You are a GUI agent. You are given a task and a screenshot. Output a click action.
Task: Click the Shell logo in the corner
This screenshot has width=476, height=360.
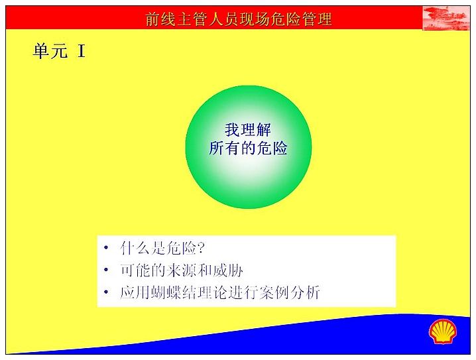click(x=443, y=331)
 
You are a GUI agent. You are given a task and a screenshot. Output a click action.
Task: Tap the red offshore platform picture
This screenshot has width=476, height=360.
click(x=446, y=18)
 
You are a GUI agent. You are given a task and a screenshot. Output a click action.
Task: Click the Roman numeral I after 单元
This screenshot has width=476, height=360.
click(x=81, y=50)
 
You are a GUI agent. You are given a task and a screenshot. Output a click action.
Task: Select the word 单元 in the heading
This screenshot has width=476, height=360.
click(x=50, y=50)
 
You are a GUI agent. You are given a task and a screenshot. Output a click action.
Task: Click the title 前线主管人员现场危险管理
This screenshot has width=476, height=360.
click(x=239, y=19)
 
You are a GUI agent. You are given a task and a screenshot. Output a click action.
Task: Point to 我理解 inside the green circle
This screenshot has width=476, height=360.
click(x=248, y=130)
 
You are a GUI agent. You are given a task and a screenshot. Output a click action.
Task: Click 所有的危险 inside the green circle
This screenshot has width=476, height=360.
click(x=249, y=149)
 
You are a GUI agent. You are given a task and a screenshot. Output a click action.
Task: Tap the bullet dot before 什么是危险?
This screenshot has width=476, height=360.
click(x=105, y=247)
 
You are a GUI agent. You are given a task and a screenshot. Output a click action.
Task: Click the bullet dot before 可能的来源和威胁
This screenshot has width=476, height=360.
click(x=105, y=270)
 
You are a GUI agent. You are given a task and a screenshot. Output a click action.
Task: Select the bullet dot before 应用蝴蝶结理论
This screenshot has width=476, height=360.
click(x=105, y=292)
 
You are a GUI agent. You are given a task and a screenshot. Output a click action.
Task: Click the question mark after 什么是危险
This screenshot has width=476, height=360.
click(x=201, y=248)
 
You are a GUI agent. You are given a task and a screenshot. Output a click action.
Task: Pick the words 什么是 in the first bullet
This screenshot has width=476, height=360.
click(x=143, y=248)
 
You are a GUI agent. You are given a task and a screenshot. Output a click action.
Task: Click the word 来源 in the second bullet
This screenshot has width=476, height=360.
click(x=182, y=270)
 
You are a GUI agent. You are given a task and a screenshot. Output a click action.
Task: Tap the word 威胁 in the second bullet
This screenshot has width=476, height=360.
click(x=227, y=270)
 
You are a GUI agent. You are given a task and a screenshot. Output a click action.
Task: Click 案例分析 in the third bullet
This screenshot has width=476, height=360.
click(x=290, y=292)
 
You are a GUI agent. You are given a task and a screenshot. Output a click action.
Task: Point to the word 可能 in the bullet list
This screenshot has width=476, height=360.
click(x=135, y=270)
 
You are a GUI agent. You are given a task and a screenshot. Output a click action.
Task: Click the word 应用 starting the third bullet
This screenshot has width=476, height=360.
click(x=135, y=292)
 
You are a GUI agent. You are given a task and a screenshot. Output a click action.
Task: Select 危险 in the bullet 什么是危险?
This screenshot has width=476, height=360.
click(x=181, y=248)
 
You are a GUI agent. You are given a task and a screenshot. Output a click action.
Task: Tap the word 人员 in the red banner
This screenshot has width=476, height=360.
click(x=223, y=19)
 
